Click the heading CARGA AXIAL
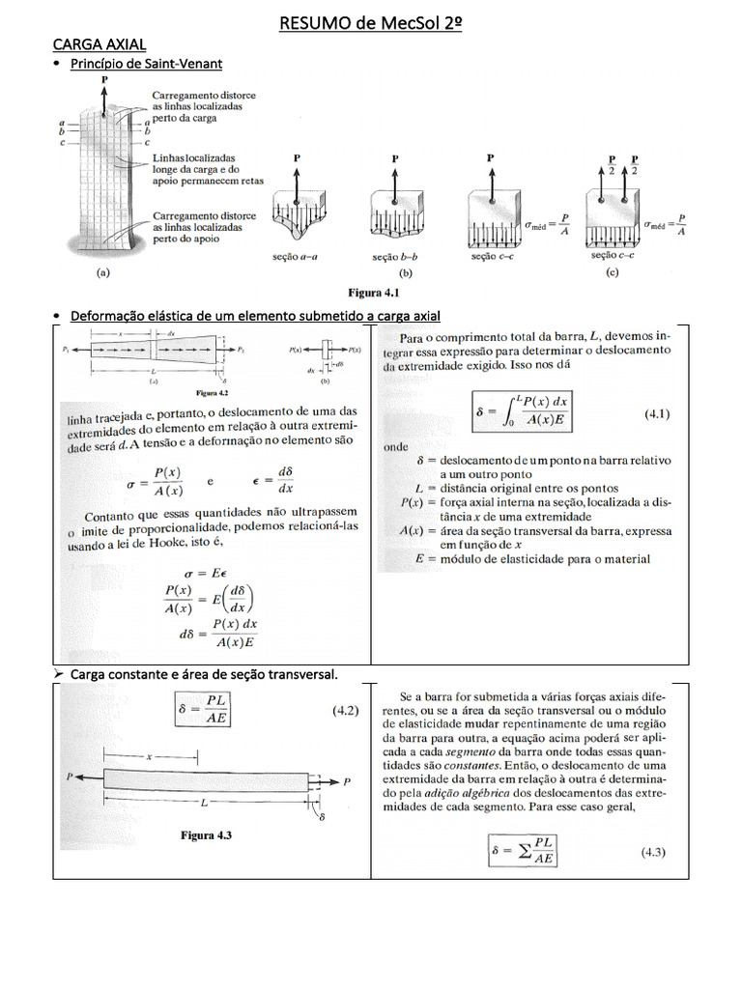coord(99,44)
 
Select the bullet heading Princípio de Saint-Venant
coord(145,64)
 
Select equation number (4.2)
coord(346,711)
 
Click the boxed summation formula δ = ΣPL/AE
coord(525,852)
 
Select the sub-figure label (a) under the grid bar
coord(102,273)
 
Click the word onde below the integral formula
coord(395,447)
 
